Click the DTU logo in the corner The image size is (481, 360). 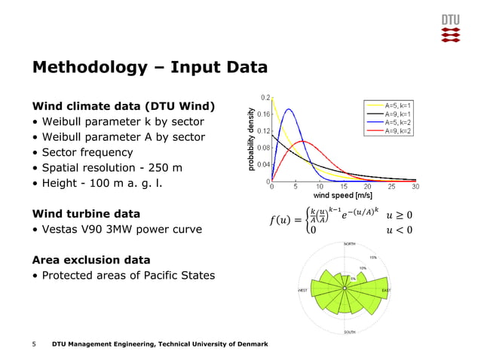(x=450, y=28)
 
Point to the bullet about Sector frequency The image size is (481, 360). (x=91, y=153)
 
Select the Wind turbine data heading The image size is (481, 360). (x=86, y=213)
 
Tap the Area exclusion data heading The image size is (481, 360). (x=90, y=260)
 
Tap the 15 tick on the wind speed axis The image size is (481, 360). (x=344, y=186)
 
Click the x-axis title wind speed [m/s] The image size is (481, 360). (x=344, y=194)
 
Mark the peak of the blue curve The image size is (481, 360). (x=288, y=109)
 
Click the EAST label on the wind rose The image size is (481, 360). (x=386, y=290)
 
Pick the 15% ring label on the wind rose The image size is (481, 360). (x=372, y=258)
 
